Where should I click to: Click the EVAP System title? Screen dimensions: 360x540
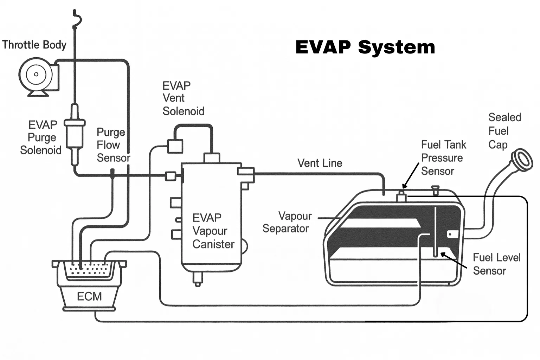(365, 47)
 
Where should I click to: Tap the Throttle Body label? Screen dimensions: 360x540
(34, 45)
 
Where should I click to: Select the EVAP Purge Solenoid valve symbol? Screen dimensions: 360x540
(75, 134)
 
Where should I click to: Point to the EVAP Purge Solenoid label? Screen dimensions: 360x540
(41, 137)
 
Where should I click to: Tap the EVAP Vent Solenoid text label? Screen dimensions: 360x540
(182, 98)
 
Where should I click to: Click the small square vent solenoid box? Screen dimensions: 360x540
(175, 146)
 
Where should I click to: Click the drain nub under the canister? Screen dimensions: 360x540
(198, 279)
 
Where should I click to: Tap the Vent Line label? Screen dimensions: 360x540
(320, 163)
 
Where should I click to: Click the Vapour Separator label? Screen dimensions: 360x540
(287, 222)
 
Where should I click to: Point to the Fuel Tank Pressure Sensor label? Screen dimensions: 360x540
(443, 158)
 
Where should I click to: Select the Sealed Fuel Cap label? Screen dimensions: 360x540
(504, 131)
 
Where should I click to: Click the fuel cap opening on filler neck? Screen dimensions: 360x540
(522, 160)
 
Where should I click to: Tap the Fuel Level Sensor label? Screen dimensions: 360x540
(496, 264)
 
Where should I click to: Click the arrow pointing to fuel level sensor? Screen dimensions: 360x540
(454, 260)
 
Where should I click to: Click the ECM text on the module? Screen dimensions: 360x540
(89, 296)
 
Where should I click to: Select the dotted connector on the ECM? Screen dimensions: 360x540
(89, 270)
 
